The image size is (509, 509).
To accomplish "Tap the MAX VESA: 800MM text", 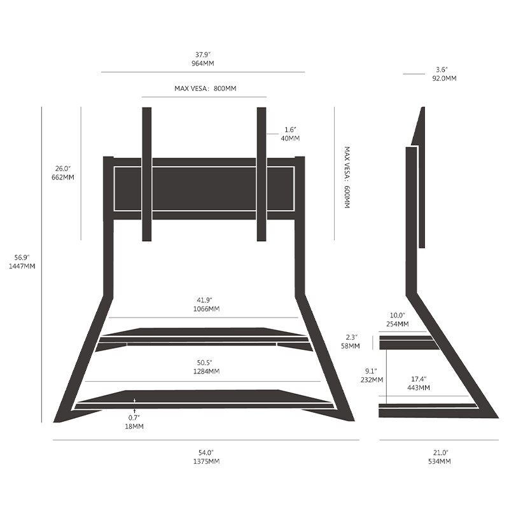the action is tap(205, 88).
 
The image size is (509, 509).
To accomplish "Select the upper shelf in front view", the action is tap(204, 333).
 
